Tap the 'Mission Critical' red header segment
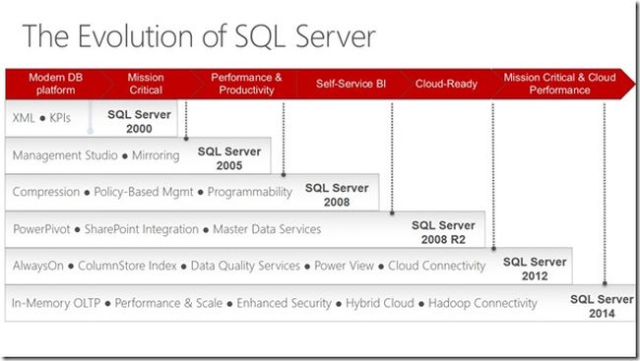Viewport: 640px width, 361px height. [146, 84]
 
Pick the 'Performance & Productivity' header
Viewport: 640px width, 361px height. [246, 84]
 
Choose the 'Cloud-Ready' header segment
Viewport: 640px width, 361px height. [446, 84]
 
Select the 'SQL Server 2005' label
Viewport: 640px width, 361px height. [229, 158]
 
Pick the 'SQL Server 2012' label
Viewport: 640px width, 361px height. [535, 269]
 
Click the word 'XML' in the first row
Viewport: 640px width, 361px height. [23, 116]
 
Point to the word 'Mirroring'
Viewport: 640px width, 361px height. [154, 155]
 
